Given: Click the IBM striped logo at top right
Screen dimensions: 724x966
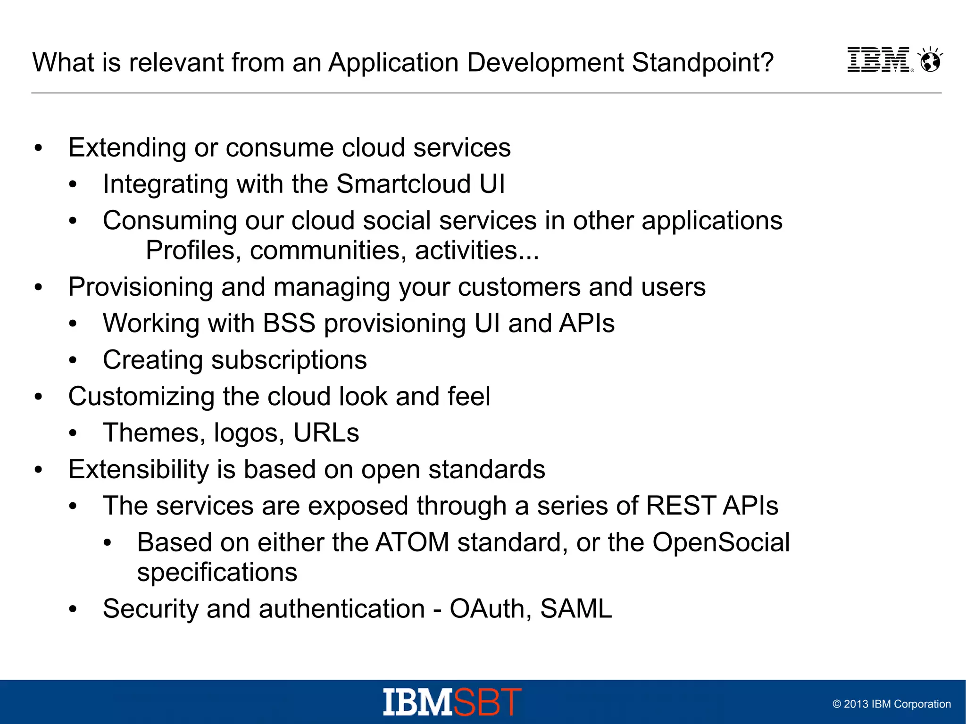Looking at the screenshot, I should (x=879, y=60).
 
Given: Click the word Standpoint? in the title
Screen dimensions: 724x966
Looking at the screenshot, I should (x=702, y=62).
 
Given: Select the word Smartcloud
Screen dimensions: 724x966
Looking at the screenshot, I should (x=403, y=184).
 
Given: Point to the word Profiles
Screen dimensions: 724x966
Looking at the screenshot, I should (x=190, y=250).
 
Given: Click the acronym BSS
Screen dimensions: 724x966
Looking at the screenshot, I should (x=289, y=324).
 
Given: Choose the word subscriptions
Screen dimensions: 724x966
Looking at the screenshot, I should (x=289, y=360).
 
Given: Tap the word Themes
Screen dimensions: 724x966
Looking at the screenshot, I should (x=151, y=433).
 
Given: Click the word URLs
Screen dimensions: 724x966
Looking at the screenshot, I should (x=326, y=433).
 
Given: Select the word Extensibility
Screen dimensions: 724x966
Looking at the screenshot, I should (x=138, y=470).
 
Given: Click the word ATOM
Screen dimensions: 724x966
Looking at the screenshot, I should (x=412, y=542).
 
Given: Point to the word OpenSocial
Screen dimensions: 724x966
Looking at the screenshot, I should (x=721, y=542).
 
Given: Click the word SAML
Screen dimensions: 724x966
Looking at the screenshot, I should (x=576, y=609).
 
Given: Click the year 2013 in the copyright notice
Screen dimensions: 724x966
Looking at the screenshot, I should (x=856, y=704).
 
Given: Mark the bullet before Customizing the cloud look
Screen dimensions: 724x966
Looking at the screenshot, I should (x=39, y=397).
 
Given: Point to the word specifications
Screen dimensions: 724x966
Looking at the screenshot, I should (x=217, y=573).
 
